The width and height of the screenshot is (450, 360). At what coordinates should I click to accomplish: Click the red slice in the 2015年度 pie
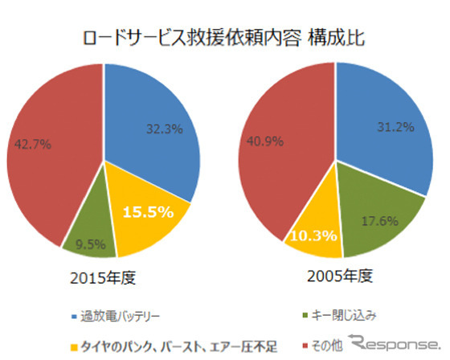(48, 153)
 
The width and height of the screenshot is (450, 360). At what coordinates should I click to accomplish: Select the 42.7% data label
(33, 145)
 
